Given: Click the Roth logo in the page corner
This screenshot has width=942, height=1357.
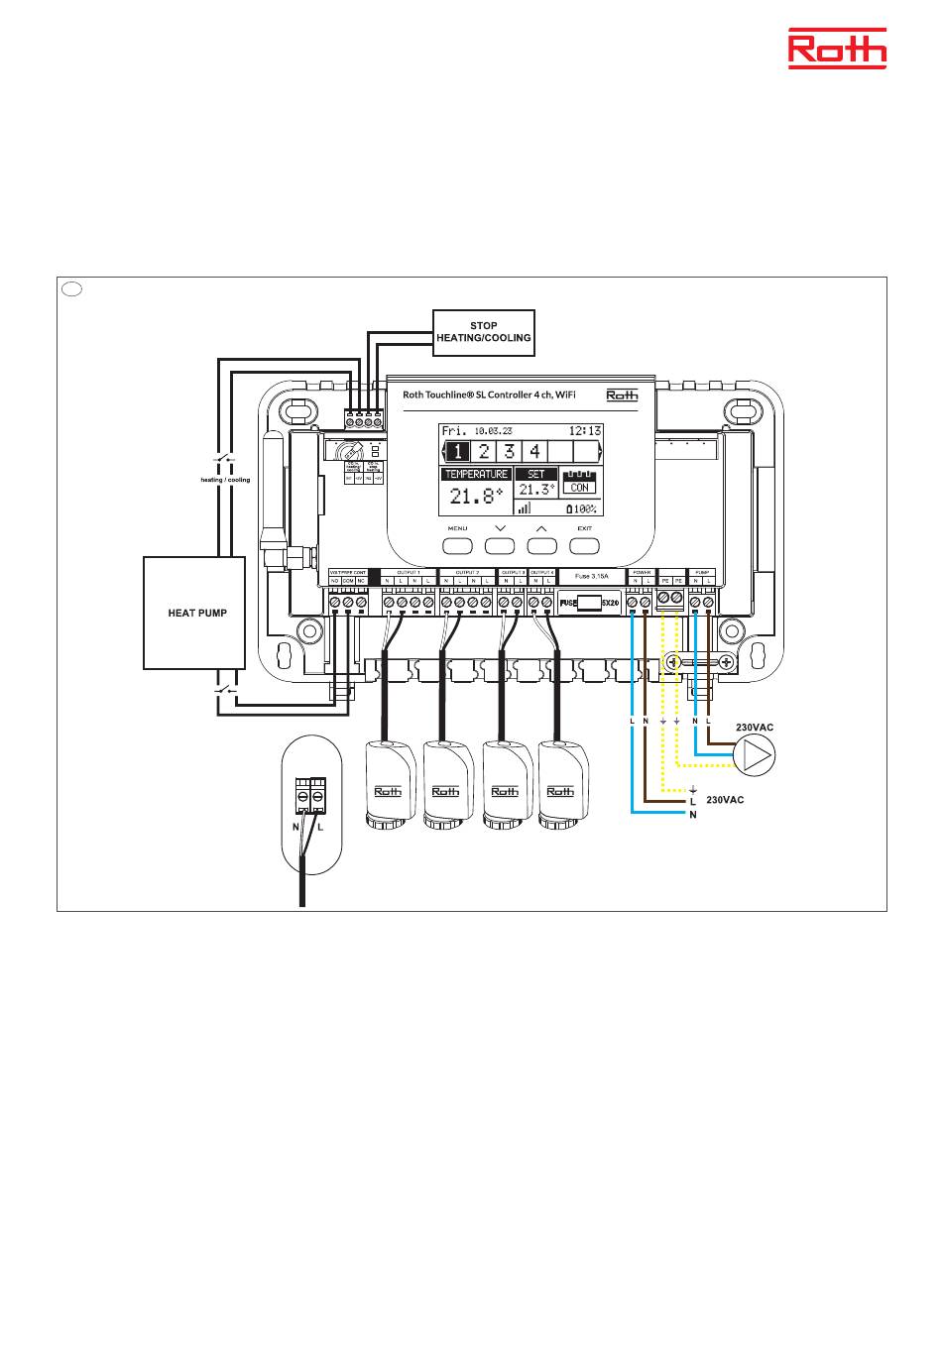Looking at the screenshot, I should [837, 49].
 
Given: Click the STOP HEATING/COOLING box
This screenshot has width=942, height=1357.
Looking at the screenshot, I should [484, 332].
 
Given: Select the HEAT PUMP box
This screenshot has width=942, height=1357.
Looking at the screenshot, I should [194, 613].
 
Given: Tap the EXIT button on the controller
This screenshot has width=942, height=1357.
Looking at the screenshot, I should [585, 544].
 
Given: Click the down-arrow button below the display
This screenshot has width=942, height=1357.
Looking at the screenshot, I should [500, 544].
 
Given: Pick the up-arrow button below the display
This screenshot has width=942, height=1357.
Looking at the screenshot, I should [541, 544].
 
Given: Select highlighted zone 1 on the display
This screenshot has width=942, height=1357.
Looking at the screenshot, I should [456, 452].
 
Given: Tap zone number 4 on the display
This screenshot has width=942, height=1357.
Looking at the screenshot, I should [534, 452].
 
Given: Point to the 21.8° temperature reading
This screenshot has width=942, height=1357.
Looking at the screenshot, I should [476, 497].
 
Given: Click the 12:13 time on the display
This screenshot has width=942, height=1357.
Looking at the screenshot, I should [585, 431].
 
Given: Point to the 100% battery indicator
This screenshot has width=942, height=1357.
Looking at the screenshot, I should [581, 509].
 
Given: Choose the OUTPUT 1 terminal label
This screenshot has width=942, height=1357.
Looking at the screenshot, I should [409, 573].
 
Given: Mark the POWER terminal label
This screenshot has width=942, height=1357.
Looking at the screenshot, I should [641, 573].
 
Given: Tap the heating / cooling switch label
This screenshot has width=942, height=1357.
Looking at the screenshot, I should [225, 479].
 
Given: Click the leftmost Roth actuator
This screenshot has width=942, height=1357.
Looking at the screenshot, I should [389, 783].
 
